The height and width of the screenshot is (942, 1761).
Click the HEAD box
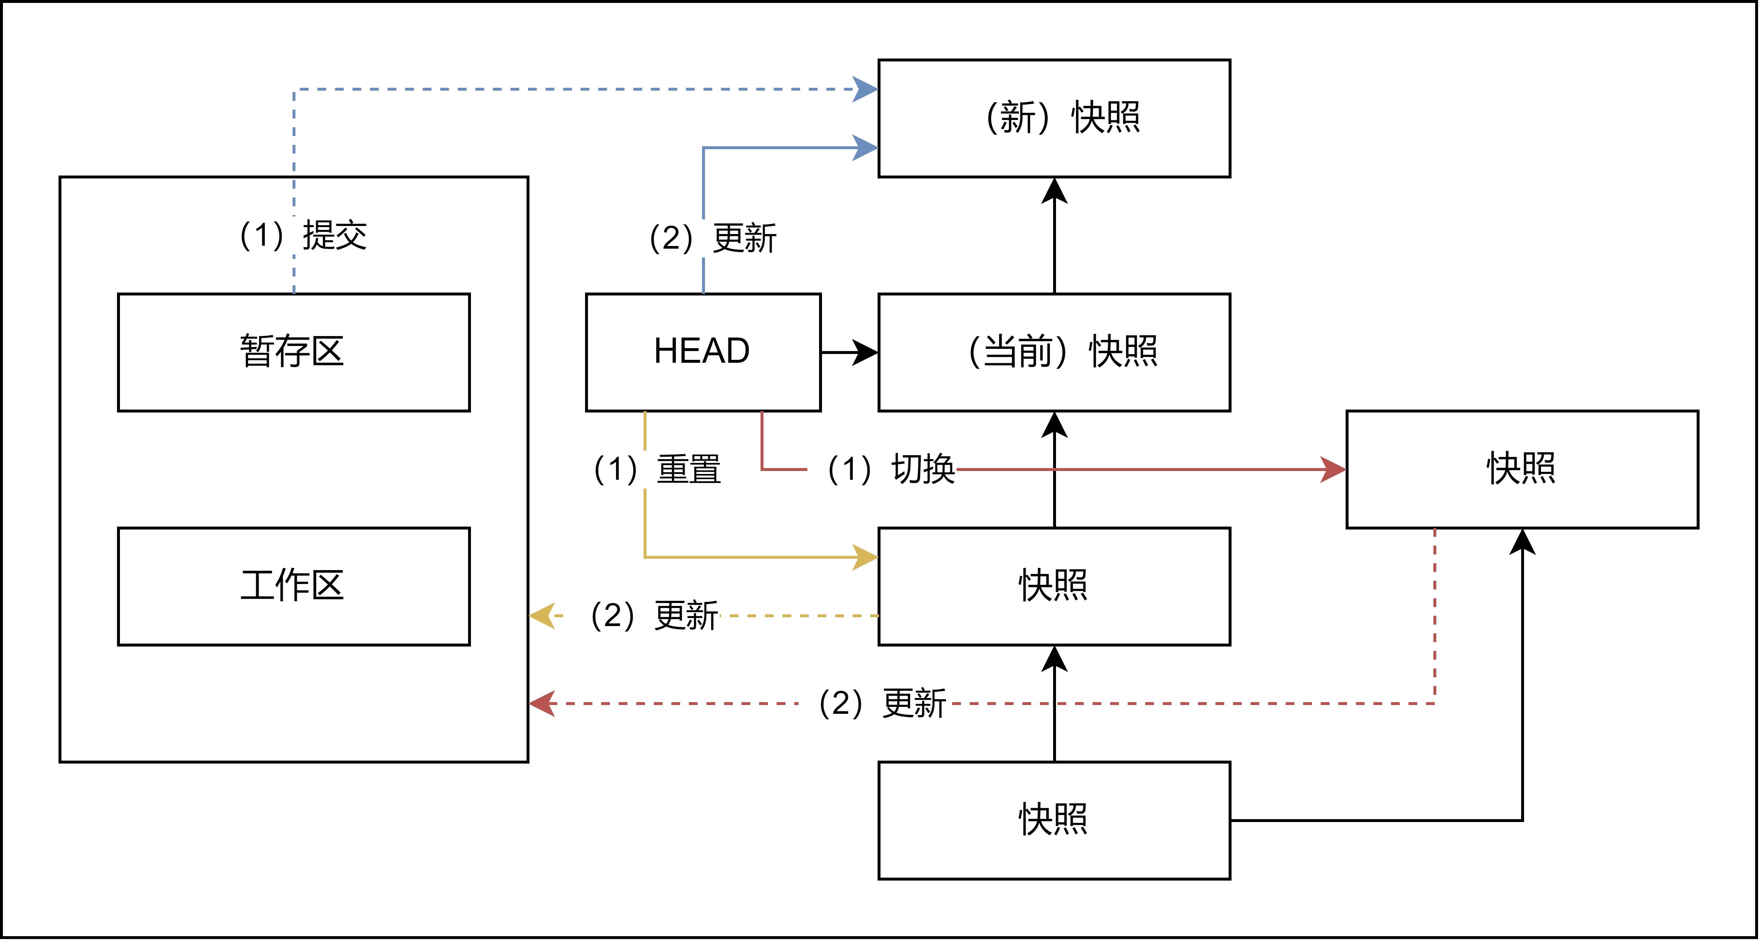[x=703, y=352]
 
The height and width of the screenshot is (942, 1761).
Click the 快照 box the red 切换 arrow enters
[x=1522, y=470]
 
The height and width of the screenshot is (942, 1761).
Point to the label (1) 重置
[x=656, y=470]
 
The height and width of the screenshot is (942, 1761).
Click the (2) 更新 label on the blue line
[x=712, y=238]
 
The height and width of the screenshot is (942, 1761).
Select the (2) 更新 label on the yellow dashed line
[x=653, y=615]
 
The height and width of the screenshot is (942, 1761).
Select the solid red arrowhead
[x=1333, y=470]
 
